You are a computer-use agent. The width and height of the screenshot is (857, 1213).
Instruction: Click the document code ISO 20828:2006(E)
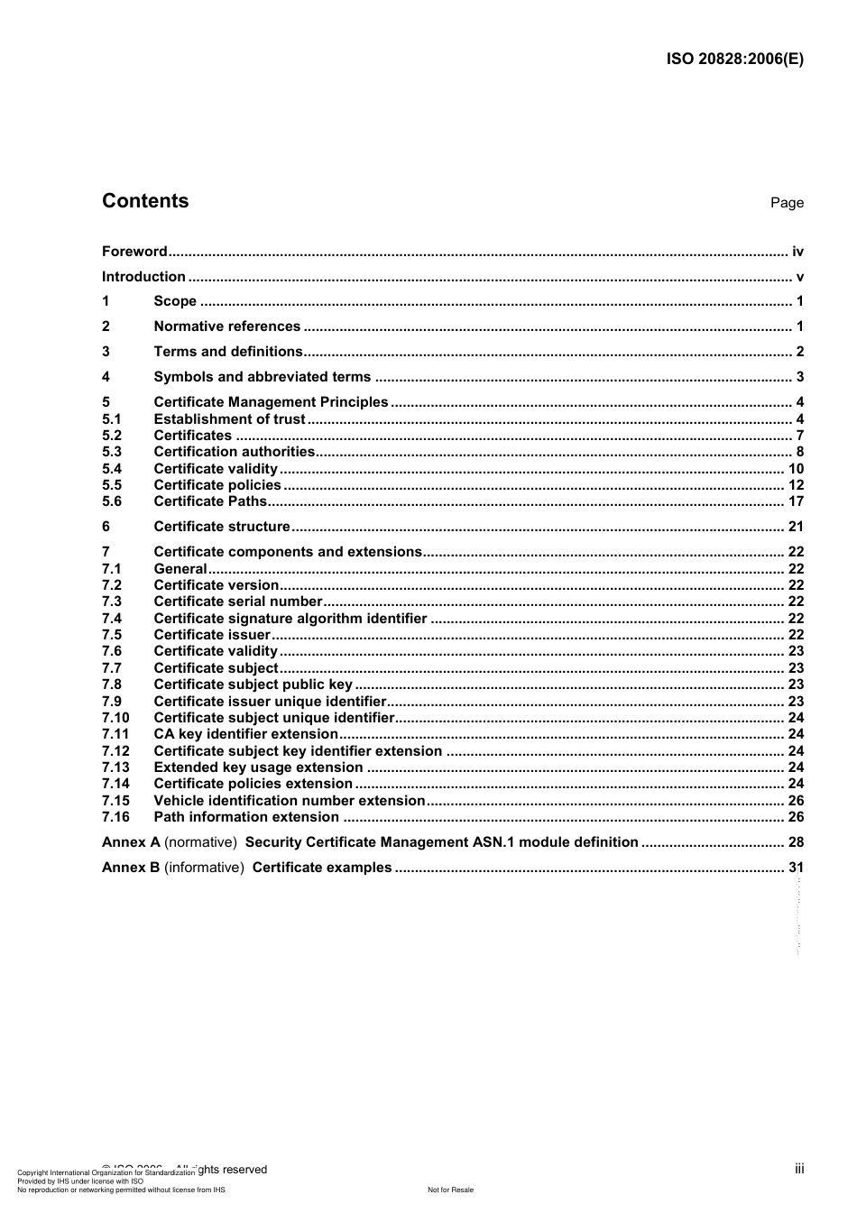tap(734, 60)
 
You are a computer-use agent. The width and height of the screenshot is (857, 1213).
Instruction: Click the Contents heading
tap(145, 201)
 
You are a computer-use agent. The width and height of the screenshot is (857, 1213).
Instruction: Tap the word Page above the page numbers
tap(787, 203)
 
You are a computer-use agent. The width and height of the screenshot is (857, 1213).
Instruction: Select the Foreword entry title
tap(134, 252)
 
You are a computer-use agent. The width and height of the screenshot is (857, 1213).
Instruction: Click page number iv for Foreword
tap(797, 252)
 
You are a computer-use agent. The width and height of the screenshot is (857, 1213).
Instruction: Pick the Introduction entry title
tap(143, 277)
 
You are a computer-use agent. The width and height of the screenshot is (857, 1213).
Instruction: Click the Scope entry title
tap(175, 301)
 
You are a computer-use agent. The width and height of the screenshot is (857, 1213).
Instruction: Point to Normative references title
tap(227, 326)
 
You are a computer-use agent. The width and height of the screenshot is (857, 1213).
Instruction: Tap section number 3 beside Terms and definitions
tap(106, 352)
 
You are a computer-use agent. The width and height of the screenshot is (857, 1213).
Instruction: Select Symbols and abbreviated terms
tap(263, 377)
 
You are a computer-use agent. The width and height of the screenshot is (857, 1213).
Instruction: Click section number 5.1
tap(112, 419)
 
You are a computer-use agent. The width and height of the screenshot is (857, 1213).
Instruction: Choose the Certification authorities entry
tap(235, 452)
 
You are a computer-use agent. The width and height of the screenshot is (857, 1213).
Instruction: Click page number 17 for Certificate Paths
tap(796, 501)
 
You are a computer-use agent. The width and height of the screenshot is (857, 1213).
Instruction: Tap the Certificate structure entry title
tap(222, 527)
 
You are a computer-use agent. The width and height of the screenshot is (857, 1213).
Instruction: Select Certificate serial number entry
tap(238, 602)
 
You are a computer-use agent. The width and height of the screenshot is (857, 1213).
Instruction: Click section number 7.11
tap(115, 734)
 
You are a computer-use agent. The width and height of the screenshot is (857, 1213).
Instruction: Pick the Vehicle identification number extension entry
tap(290, 801)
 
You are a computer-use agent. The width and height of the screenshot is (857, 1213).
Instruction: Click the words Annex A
tap(131, 842)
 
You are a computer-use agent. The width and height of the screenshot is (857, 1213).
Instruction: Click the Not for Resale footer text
tap(450, 1190)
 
